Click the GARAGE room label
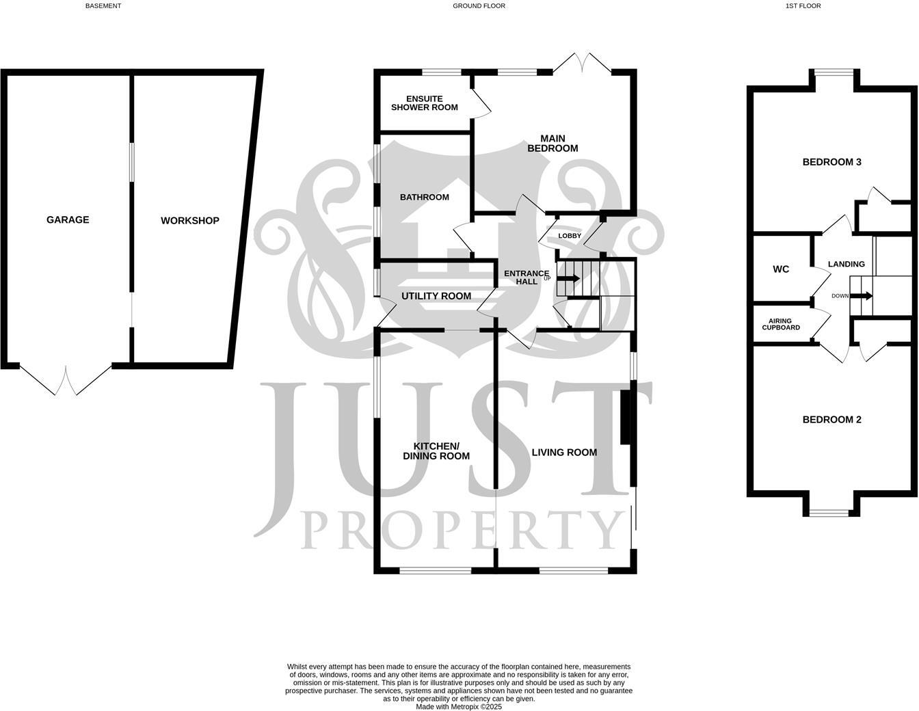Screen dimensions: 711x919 pos(68,220)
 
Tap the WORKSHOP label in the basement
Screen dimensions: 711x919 pos(190,221)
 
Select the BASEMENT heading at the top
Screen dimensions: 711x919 pos(103,6)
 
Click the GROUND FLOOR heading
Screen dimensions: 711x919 pos(479,6)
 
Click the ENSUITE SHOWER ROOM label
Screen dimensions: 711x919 pos(424,103)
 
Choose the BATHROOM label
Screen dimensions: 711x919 pos(425,198)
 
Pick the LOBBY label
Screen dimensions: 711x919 pos(570,236)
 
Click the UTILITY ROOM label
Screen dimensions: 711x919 pos(436,296)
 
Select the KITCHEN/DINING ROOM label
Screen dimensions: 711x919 pos(436,451)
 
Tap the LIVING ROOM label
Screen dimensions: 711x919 pos(564,452)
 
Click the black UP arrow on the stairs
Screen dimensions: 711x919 pos(568,279)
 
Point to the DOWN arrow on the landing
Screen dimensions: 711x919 pos(862,296)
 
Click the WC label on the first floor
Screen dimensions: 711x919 pos(781,269)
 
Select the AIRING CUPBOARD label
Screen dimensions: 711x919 pos(781,324)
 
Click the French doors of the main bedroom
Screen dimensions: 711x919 pos(582,64)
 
